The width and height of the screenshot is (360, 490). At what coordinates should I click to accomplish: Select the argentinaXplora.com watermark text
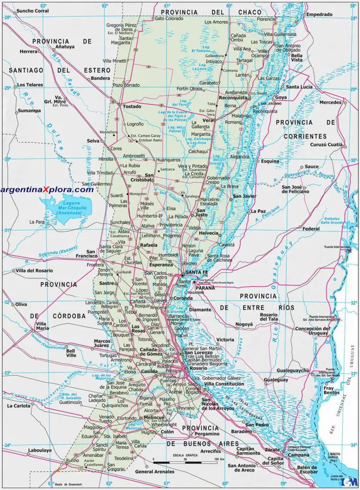(x=47, y=189)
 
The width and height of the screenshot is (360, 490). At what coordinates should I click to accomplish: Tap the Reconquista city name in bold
(x=233, y=98)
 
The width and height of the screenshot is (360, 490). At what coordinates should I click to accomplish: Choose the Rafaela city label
(x=148, y=245)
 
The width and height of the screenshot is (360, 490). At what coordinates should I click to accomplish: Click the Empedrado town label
(x=319, y=14)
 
